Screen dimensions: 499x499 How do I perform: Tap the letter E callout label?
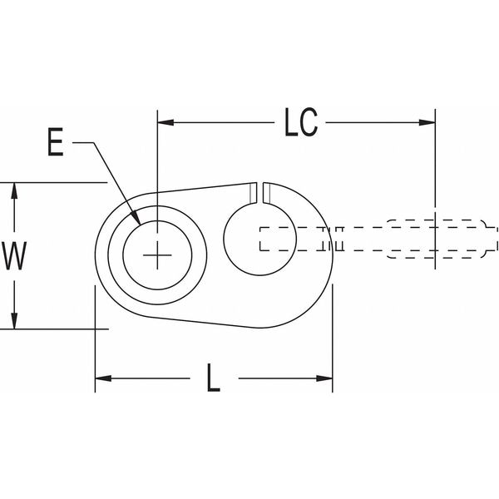click(55, 144)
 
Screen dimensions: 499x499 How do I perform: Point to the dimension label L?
click(214, 380)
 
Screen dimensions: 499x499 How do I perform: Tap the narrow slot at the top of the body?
click(258, 191)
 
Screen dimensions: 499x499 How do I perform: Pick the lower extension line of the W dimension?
click(58, 329)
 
